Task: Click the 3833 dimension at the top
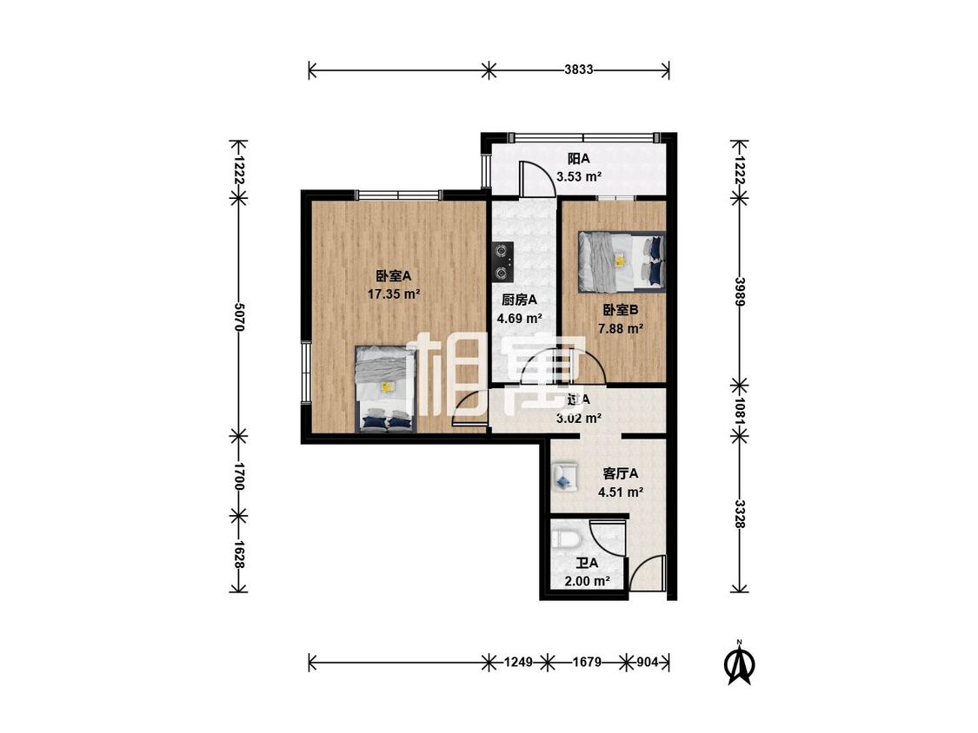pyautogui.click(x=578, y=70)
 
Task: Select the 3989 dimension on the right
pyautogui.click(x=739, y=290)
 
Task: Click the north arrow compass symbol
pyautogui.click(x=740, y=664)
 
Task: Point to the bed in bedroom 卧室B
pyautogui.click(x=622, y=261)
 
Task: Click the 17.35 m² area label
pyautogui.click(x=393, y=294)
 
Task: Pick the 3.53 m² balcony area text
pyautogui.click(x=579, y=176)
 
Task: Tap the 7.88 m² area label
pyautogui.click(x=621, y=328)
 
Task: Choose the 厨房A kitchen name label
pyautogui.click(x=520, y=300)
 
